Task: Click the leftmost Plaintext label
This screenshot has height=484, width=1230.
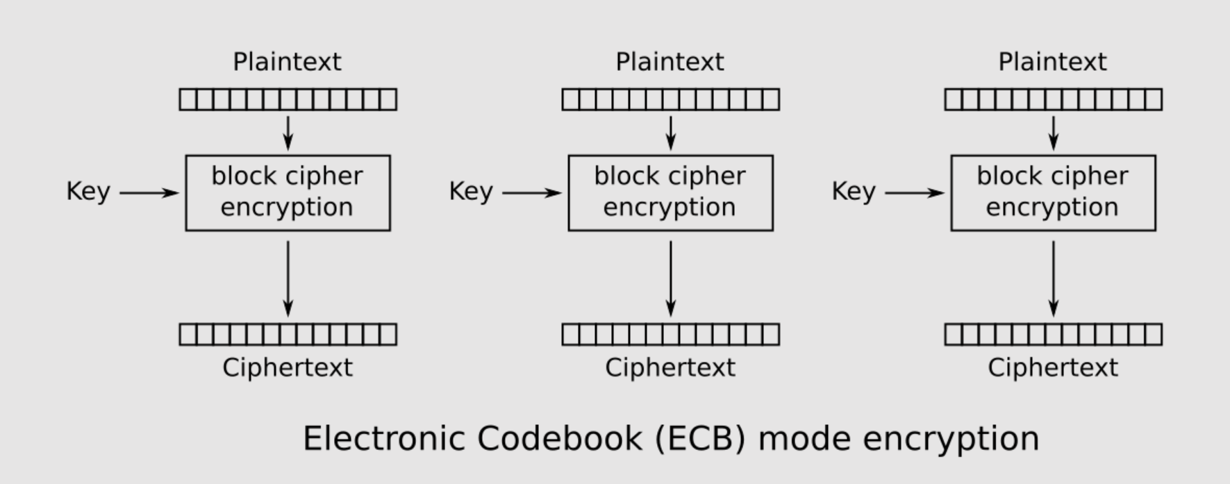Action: (287, 62)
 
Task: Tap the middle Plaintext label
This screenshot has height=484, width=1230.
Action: (670, 62)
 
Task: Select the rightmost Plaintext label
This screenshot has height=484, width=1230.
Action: (1052, 62)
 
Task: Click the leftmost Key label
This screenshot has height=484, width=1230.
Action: (88, 192)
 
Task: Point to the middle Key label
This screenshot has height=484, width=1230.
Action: (471, 192)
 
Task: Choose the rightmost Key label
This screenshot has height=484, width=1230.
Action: (854, 192)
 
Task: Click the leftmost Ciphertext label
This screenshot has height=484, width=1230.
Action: (288, 367)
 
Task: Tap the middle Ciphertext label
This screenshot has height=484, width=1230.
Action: (670, 367)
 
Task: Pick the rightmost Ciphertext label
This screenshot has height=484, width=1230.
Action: (1053, 367)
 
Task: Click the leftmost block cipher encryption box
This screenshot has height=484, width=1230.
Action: (288, 192)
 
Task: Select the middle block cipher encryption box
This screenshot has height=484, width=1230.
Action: (670, 192)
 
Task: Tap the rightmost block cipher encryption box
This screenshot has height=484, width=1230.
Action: (1053, 192)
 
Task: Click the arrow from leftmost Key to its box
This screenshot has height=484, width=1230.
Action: (149, 192)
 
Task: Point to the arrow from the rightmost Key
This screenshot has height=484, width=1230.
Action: (914, 192)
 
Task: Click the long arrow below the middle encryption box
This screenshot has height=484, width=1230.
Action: (670, 278)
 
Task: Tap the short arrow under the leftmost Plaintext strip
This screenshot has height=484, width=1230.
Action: (288, 133)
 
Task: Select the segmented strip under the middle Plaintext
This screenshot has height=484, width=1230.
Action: (670, 99)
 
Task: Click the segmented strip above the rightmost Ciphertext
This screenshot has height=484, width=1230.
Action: (1053, 335)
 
